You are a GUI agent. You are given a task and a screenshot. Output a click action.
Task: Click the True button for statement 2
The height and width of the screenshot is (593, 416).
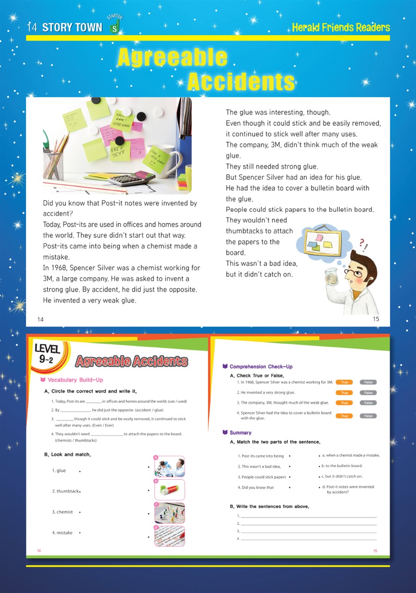[x=344, y=393]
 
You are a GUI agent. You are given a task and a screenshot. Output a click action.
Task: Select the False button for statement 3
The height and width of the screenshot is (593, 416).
[x=368, y=403]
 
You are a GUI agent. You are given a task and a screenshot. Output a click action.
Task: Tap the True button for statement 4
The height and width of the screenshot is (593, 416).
[x=344, y=416]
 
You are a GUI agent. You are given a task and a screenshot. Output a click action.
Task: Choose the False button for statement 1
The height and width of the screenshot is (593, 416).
[x=368, y=382]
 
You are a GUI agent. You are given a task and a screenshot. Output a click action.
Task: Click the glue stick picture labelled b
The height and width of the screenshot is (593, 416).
[x=169, y=489]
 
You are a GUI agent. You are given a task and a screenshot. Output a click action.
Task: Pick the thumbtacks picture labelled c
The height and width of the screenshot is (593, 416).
[x=169, y=513]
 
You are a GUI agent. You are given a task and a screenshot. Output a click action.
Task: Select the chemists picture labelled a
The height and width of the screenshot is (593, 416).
[x=169, y=467]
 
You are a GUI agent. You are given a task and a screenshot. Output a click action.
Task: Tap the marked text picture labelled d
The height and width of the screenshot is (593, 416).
[x=169, y=537]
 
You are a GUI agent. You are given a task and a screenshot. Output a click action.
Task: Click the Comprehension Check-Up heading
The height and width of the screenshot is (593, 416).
[x=261, y=367]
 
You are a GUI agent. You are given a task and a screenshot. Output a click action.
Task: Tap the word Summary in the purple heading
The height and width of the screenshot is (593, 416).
[x=240, y=433]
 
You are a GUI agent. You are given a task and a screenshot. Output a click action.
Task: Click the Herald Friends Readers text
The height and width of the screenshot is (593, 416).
[x=341, y=28]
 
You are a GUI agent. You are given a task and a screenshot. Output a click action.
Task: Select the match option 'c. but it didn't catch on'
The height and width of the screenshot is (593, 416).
[x=342, y=476]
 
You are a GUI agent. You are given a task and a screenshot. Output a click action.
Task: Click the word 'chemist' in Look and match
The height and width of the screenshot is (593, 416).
[x=64, y=512]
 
